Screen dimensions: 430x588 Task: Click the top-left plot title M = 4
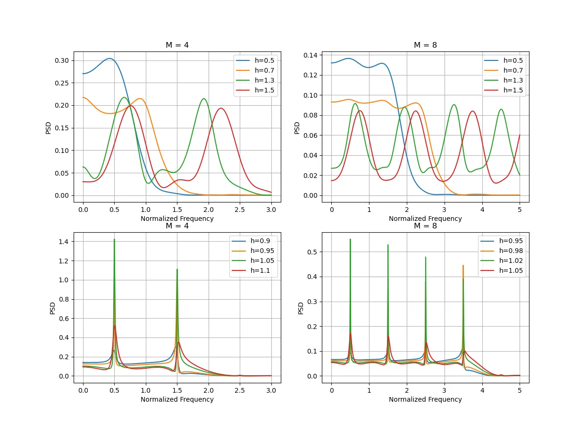coord(177,45)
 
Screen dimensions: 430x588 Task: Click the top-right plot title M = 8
coord(425,45)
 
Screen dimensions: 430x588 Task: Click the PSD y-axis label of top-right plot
coord(297,127)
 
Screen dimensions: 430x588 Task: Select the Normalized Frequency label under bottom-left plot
coord(177,399)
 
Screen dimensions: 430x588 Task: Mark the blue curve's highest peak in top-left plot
coord(109,59)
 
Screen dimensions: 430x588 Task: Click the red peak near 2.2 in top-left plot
coord(221,108)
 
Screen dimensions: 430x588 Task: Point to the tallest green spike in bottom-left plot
coord(114,240)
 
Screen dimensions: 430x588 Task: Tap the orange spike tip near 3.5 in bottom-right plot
coord(463,266)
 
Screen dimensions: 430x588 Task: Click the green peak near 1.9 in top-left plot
coord(203,99)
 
